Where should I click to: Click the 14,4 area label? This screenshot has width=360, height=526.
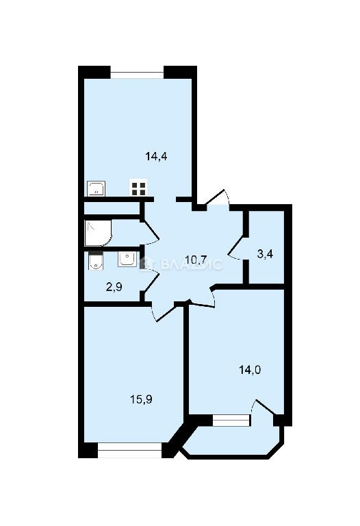(x=156, y=156)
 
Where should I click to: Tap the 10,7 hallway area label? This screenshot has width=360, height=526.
(x=196, y=260)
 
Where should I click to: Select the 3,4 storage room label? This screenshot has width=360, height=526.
(x=265, y=254)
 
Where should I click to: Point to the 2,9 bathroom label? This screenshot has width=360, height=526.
(x=114, y=287)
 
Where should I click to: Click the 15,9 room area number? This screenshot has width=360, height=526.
(x=141, y=399)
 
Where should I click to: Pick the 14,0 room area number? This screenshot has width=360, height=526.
(x=250, y=370)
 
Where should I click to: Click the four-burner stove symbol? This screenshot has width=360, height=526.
(x=138, y=188)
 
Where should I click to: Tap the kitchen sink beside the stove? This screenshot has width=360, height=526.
(x=97, y=188)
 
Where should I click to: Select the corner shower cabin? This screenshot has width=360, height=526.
(x=99, y=233)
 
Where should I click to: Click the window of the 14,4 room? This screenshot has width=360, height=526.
(x=137, y=75)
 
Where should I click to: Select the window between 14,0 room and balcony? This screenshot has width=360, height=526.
(x=231, y=421)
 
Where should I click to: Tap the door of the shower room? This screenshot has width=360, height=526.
(x=150, y=232)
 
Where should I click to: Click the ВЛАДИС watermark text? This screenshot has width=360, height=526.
(x=191, y=264)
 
